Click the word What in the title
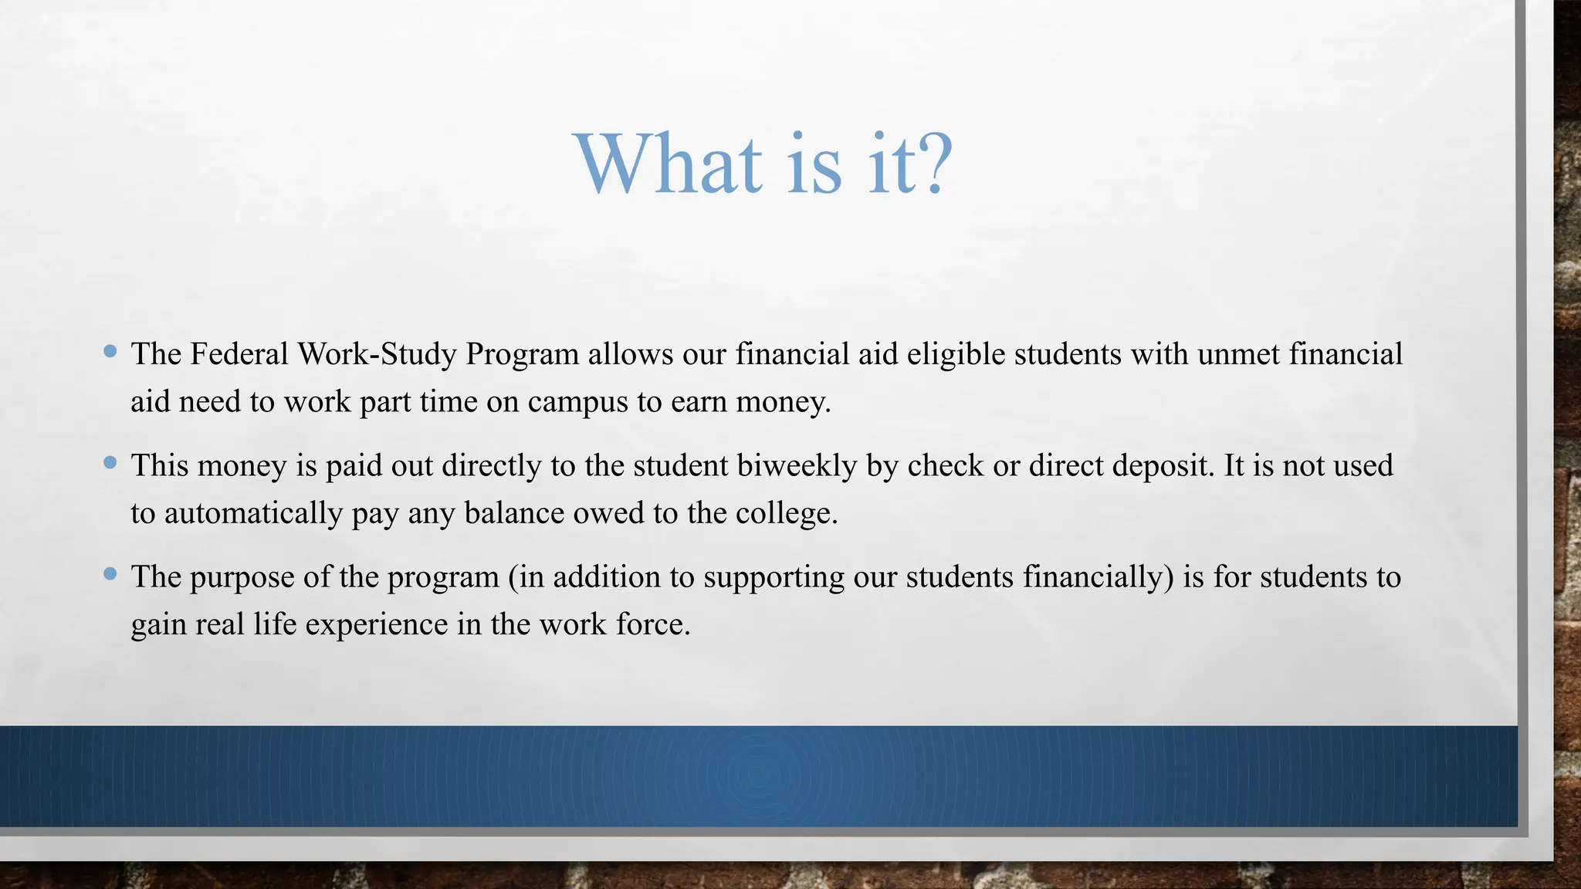[669, 164]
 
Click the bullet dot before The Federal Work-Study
[110, 352]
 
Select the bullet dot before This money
[110, 463]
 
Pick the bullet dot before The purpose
[110, 574]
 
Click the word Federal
[239, 354]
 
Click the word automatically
[254, 514]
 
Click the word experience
[376, 625]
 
